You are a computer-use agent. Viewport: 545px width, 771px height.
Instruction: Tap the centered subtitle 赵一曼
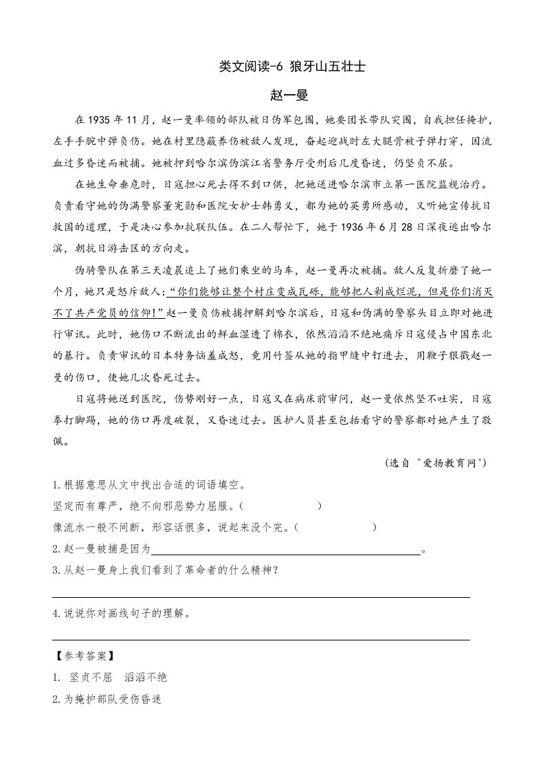(272, 95)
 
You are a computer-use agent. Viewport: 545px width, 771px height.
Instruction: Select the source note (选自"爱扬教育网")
(436, 463)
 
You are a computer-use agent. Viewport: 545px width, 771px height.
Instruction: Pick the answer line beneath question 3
(261, 596)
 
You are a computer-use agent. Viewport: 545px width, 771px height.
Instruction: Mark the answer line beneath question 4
(261, 639)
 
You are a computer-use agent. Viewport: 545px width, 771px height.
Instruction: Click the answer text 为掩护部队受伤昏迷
(111, 699)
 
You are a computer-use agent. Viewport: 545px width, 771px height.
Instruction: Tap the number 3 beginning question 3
(55, 571)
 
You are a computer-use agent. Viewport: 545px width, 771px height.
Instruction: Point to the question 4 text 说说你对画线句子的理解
(124, 614)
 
